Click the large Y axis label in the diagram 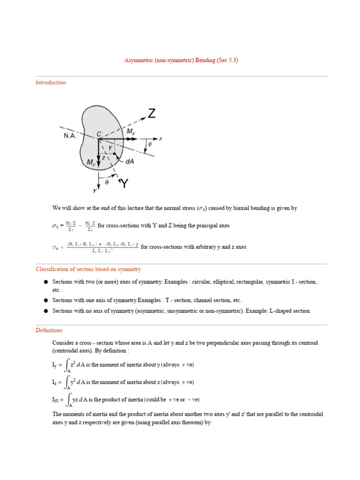(124, 184)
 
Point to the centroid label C (99, 134)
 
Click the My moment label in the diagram (92, 163)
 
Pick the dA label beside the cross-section (130, 161)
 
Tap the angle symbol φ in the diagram (150, 144)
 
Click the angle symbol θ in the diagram (106, 183)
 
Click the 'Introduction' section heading (51, 82)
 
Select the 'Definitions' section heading (49, 330)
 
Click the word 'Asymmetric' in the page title (139, 60)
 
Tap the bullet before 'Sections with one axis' (46, 300)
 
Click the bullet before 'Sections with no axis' (46, 311)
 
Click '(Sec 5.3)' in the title (227, 60)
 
